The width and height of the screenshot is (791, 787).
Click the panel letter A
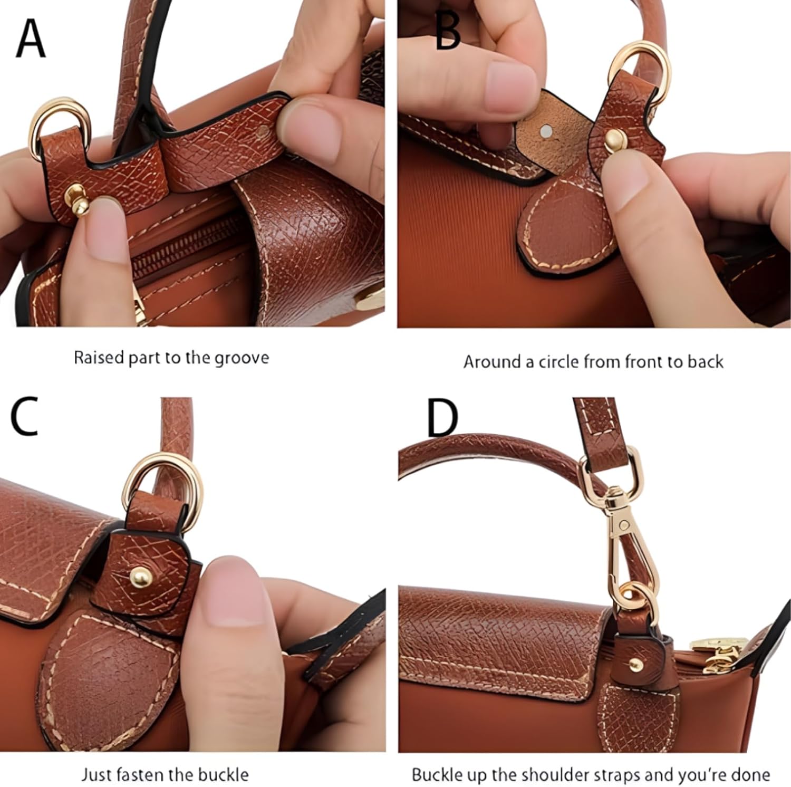31,38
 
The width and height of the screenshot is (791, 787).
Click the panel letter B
448,33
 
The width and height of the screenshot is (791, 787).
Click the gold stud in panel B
614,140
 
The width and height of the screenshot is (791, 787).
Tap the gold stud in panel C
141,575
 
